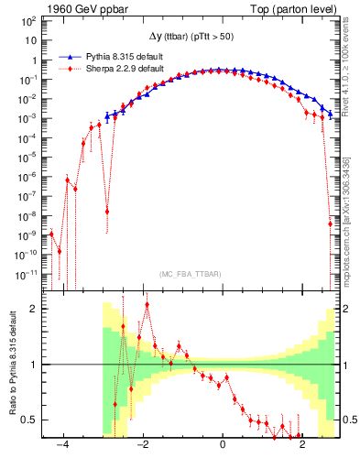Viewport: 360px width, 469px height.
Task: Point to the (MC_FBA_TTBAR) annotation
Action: click(x=188, y=273)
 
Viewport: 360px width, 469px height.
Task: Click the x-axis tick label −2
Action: click(x=143, y=443)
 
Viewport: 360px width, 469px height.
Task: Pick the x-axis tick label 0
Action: click(x=224, y=443)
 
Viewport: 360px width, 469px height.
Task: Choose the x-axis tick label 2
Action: click(x=303, y=443)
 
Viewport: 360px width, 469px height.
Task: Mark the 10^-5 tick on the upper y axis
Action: click(x=29, y=158)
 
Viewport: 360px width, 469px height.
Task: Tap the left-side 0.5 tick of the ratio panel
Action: click(x=30, y=420)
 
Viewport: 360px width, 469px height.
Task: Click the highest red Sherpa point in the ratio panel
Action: click(x=147, y=305)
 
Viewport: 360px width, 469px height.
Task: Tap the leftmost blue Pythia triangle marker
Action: click(x=107, y=116)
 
